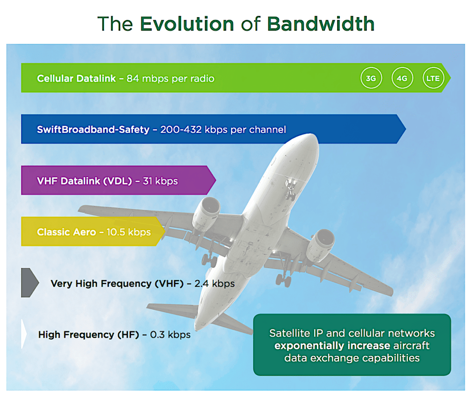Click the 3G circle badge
click(x=371, y=78)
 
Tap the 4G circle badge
click(x=402, y=78)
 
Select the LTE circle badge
click(x=433, y=78)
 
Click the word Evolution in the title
click(x=187, y=24)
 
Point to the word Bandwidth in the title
click(x=321, y=24)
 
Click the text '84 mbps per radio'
click(x=170, y=78)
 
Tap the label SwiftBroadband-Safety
click(x=93, y=130)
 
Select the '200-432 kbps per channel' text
click(x=223, y=130)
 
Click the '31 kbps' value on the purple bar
click(x=160, y=181)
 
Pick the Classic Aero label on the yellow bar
click(x=67, y=232)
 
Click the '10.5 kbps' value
click(x=128, y=232)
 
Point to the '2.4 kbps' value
click(x=214, y=283)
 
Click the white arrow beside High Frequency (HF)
click(x=24, y=334)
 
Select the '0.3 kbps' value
click(x=170, y=335)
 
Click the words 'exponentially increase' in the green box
click(x=332, y=346)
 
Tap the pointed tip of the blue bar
click(x=406, y=129)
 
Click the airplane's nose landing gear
click(x=290, y=190)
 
